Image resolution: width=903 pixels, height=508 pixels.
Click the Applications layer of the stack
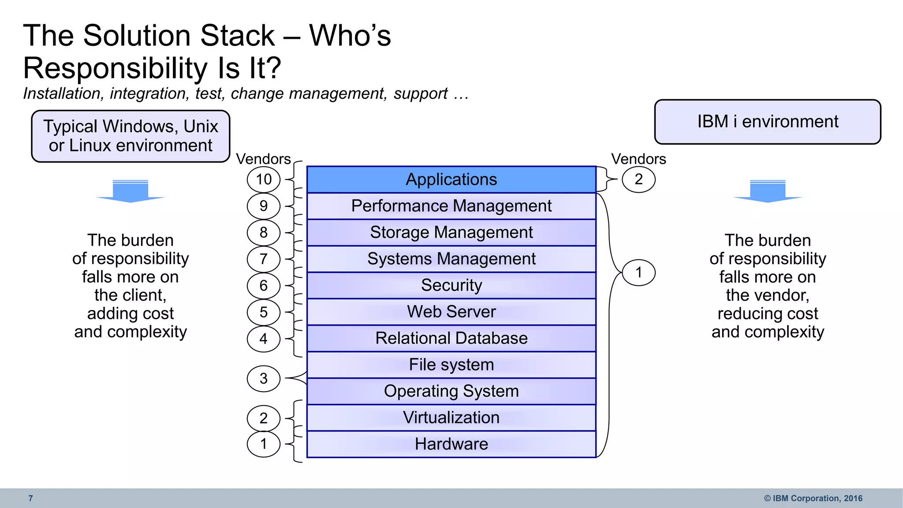451,179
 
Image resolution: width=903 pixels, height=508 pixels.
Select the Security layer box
451,285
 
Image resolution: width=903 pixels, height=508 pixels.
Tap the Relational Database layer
451,338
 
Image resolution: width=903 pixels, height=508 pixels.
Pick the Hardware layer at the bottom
451,444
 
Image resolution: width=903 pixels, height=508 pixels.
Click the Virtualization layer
451,418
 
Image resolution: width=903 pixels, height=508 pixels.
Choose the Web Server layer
451,312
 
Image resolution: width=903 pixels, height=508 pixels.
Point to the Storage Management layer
451,232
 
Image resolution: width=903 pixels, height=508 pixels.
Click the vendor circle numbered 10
264,179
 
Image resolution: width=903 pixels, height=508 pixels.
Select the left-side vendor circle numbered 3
264,378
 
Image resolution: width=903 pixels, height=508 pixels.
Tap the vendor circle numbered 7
264,259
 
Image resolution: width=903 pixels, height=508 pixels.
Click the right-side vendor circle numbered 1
638,273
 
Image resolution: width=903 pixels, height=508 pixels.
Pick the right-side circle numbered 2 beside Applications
638,179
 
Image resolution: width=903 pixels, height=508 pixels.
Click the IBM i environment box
767,122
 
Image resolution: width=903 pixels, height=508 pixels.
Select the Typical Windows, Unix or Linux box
131,136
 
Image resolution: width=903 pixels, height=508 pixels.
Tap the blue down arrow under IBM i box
768,191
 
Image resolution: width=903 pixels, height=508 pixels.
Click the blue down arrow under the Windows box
131,191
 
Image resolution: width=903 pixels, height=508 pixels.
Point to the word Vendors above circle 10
263,159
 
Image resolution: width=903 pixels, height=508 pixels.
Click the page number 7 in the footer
30,498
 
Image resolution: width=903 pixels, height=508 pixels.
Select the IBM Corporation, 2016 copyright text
813,498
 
